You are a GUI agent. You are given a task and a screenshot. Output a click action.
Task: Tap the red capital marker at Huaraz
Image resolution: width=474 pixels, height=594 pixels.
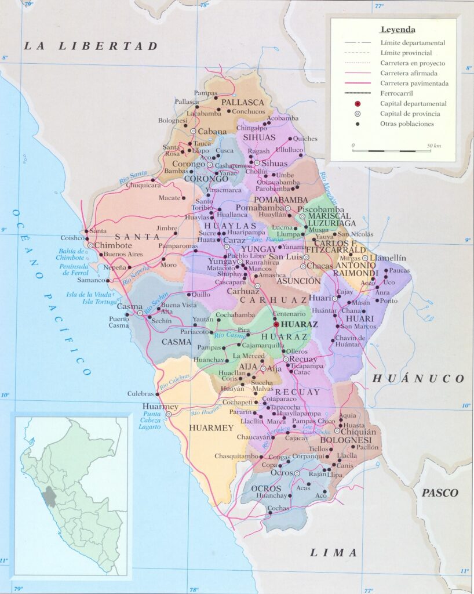click(276, 325)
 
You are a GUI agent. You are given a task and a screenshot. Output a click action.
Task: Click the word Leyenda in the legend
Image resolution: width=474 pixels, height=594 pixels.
click(398, 30)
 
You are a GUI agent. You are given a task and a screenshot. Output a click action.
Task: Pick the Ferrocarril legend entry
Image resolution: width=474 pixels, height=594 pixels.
click(398, 93)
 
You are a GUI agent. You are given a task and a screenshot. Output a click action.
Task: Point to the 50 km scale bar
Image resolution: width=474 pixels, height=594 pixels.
click(391, 151)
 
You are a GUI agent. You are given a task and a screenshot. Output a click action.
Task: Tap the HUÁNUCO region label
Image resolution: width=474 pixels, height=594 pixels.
click(418, 379)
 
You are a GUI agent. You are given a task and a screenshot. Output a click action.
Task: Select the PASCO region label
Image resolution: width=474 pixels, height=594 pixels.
click(440, 493)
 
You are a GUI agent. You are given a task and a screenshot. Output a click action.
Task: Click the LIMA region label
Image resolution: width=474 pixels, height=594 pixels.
click(334, 553)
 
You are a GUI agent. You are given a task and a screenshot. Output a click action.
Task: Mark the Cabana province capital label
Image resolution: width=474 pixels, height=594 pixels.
click(212, 132)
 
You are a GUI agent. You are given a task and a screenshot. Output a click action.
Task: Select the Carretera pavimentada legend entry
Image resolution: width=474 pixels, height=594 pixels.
click(414, 84)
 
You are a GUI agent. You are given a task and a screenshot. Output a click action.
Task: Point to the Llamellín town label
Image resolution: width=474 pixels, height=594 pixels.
click(388, 258)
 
